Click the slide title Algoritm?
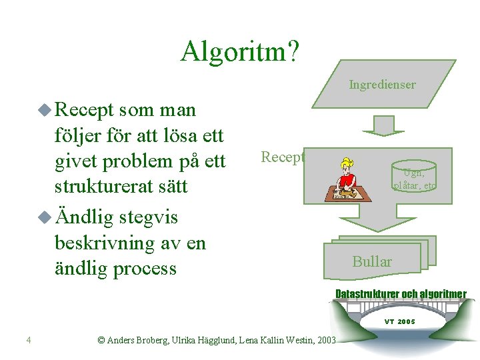(240, 51)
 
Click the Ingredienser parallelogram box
(382, 85)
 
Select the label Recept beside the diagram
(283, 157)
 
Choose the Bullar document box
(373, 261)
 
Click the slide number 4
(29, 341)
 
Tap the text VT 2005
(399, 321)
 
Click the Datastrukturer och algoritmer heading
(401, 294)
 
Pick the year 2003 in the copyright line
(326, 341)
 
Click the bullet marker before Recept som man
(45, 109)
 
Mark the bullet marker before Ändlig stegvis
(45, 217)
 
